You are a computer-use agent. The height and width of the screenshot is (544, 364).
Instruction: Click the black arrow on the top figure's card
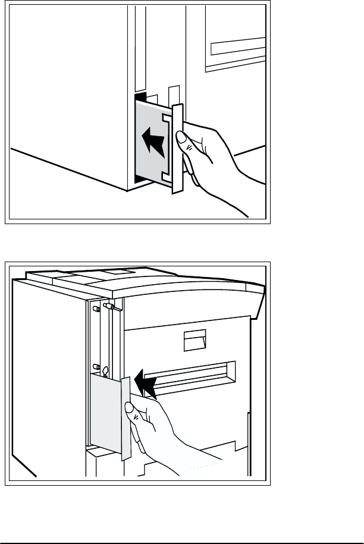click(x=154, y=143)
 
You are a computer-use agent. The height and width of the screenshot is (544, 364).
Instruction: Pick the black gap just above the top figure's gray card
click(x=140, y=96)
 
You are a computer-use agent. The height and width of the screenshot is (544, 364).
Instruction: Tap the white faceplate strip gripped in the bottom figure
click(x=125, y=416)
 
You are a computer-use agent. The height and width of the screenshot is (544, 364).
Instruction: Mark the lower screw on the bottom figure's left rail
click(x=95, y=366)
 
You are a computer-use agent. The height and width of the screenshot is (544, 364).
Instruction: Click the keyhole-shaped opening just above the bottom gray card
click(x=105, y=371)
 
